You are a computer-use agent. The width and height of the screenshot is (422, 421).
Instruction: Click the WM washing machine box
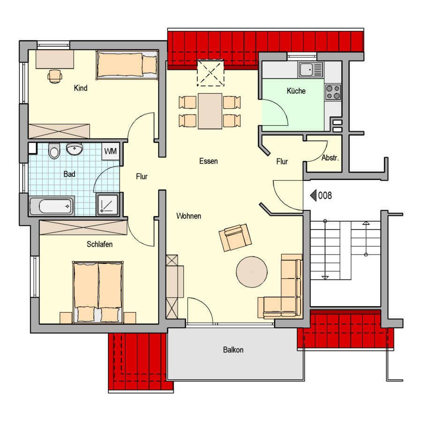110,151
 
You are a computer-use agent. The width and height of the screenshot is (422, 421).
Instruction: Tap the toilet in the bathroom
54,151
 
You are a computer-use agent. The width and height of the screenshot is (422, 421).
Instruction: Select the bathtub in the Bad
52,206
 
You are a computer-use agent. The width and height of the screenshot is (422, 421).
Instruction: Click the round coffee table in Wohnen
252,272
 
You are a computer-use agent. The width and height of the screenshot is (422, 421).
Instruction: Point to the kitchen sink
310,69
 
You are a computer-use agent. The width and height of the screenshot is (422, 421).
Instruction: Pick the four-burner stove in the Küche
333,92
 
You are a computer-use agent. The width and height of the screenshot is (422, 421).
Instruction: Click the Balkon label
233,350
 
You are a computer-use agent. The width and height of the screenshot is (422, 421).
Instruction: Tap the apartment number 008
325,195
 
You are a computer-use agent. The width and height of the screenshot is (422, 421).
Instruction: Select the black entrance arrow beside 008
313,195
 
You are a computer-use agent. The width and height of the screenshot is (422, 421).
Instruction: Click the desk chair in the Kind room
55,76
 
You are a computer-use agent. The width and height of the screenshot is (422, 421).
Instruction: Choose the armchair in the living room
235,238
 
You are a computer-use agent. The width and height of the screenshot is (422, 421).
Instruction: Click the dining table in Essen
210,111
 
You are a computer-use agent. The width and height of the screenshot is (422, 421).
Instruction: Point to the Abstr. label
330,158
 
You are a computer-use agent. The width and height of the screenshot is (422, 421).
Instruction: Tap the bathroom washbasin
75,149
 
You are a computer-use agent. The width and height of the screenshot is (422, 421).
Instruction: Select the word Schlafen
99,244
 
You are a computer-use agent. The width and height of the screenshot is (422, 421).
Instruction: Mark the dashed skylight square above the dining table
211,73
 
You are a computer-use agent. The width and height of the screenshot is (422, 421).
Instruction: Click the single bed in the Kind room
127,65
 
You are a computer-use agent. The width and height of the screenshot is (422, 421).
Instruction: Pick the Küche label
296,91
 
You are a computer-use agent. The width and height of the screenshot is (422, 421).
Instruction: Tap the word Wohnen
188,216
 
